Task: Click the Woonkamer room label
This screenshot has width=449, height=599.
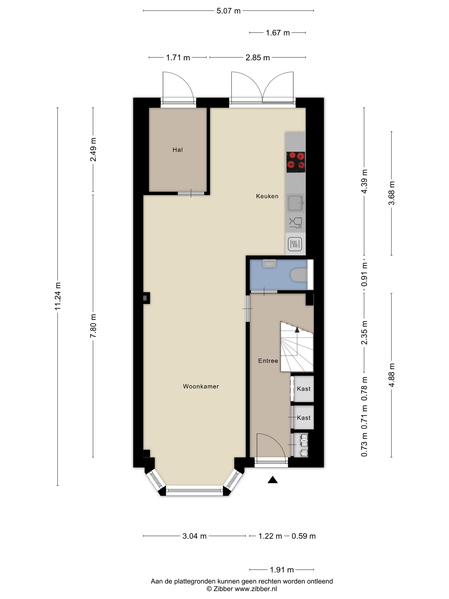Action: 201,386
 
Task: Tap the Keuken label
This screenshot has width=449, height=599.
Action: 267,196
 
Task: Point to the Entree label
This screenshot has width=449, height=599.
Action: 268,361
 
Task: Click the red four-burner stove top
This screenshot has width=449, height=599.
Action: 296,162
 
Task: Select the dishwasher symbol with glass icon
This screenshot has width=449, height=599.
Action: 295,223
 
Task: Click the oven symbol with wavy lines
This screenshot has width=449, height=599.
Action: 295,244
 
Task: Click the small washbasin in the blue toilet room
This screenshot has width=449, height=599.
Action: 269,264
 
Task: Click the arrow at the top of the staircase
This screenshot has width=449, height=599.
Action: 297,330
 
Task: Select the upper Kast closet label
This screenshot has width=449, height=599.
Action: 304,389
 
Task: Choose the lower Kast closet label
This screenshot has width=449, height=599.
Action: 304,418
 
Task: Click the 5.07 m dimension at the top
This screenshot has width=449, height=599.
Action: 228,11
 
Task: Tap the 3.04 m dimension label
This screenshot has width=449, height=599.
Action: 194,536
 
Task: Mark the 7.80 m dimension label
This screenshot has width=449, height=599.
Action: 93,326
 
